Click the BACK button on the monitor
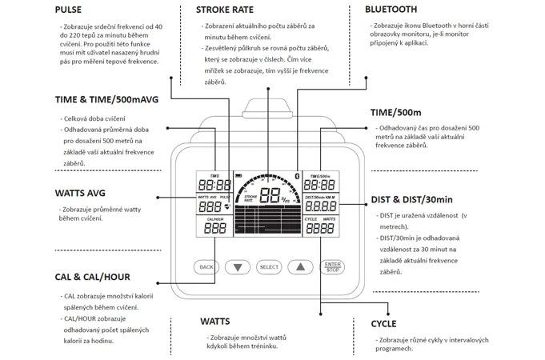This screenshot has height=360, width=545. pos(206,266)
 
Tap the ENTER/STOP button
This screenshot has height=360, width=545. pos(332,266)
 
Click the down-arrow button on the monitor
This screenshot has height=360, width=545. pos(238,266)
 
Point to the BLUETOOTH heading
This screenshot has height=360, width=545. pos(391,10)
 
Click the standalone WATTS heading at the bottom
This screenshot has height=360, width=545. pos(215,322)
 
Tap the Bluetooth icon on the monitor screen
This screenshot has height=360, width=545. pos(298,176)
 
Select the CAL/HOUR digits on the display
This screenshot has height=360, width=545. pos(214,228)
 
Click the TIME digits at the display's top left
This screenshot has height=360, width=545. pos(214,186)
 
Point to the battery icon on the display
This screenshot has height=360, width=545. pos(238,175)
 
